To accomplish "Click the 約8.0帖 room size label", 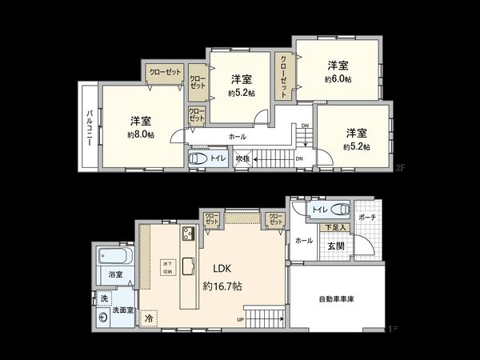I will pyautogui.click(x=141, y=135).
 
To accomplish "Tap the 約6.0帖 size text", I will pyautogui.click(x=338, y=79).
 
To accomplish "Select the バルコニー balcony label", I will pyautogui.click(x=90, y=126).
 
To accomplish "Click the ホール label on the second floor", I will pyautogui.click(x=238, y=137).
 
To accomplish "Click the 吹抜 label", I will pyautogui.click(x=242, y=159).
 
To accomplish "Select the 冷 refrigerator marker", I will pyautogui.click(x=149, y=318).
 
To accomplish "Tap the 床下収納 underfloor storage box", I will pyautogui.click(x=167, y=267).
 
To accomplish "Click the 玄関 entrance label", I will pyautogui.click(x=335, y=246).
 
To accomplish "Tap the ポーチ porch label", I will pyautogui.click(x=367, y=218).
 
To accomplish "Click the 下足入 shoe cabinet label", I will pyautogui.click(x=335, y=228).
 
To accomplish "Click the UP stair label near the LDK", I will pyautogui.click(x=240, y=321).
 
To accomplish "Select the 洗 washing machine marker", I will pyautogui.click(x=103, y=298).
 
